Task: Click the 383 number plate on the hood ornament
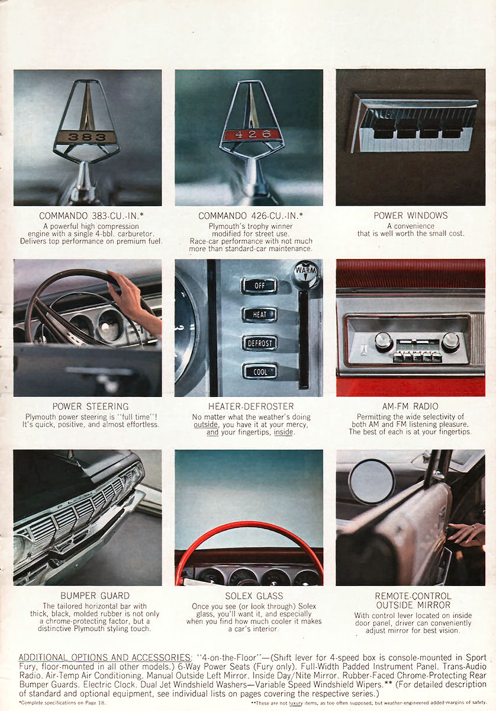coord(87,137)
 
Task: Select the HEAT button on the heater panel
coord(259,314)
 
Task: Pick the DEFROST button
coord(260,343)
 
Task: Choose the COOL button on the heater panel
coord(260,371)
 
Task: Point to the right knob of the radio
coord(450,342)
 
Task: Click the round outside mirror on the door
coord(371,481)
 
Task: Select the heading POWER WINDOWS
coord(411,216)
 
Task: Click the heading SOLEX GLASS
coord(254,596)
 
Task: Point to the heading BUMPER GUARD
coord(95,595)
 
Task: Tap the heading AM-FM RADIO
coord(410,406)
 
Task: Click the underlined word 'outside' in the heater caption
coord(205,424)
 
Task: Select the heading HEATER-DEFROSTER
coord(251,406)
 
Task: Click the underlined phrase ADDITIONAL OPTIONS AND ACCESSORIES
coord(105,656)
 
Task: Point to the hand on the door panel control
coord(466,534)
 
